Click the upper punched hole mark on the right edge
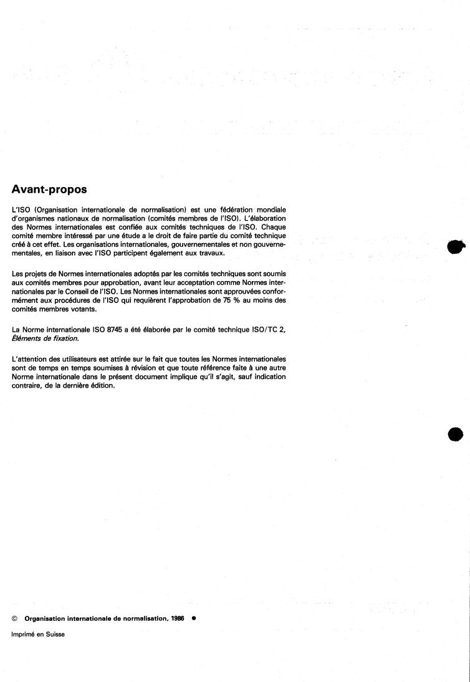point(456,247)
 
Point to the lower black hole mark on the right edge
point(457,435)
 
